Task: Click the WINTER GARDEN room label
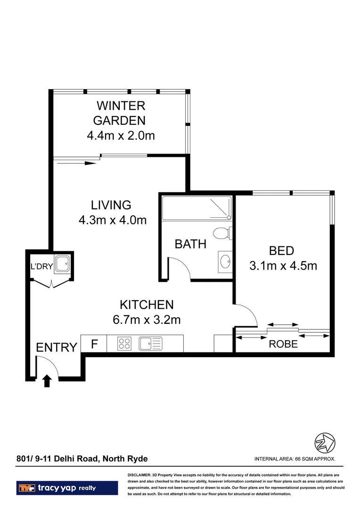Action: (121, 113)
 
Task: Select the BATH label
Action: (190, 244)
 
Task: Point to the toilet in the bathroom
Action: (221, 233)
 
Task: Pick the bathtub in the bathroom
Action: (196, 209)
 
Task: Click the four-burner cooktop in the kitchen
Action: (124, 344)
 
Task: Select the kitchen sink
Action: (150, 344)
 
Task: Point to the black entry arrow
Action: (46, 380)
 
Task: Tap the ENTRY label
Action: (56, 348)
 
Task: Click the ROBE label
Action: (283, 344)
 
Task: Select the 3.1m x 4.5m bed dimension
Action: (283, 265)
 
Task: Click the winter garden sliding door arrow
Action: (75, 163)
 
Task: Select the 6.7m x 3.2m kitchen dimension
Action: (147, 320)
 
